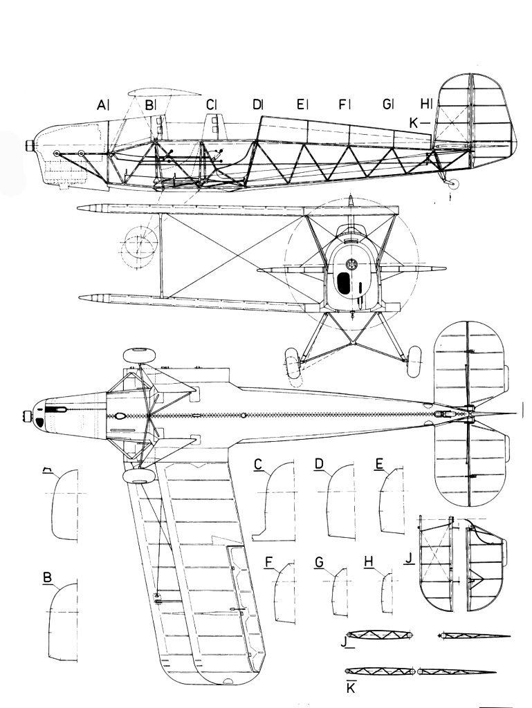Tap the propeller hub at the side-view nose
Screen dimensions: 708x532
[30, 146]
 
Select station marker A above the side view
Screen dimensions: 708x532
[102, 105]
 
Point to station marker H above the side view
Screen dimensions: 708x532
[425, 104]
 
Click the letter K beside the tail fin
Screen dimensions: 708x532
[414, 122]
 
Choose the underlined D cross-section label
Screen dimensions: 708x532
[319, 465]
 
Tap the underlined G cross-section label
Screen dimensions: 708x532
[319, 563]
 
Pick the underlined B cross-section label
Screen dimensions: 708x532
[47, 577]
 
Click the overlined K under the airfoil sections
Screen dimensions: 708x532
[351, 688]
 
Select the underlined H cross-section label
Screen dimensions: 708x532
[368, 563]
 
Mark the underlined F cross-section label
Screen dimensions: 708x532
[268, 563]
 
